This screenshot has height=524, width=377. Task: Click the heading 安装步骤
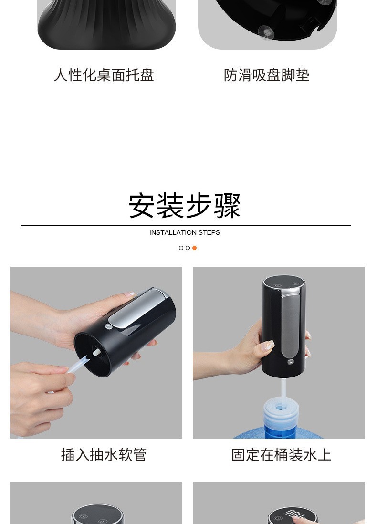185,206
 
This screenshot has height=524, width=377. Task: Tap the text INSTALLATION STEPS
185,232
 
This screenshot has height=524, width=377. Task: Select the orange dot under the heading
194,248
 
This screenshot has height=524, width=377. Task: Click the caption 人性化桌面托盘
104,75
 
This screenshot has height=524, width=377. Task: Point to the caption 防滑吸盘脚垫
267,75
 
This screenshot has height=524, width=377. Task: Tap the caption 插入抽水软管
104,454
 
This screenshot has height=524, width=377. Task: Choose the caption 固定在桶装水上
281,454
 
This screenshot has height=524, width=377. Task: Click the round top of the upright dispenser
284,283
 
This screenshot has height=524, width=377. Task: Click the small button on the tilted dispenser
108,327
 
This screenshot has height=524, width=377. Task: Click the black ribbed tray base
106,26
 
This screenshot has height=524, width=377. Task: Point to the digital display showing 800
292,515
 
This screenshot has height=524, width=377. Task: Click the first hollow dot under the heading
181,248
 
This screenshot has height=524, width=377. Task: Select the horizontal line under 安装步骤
186,225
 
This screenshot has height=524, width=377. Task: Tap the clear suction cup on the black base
266,32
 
